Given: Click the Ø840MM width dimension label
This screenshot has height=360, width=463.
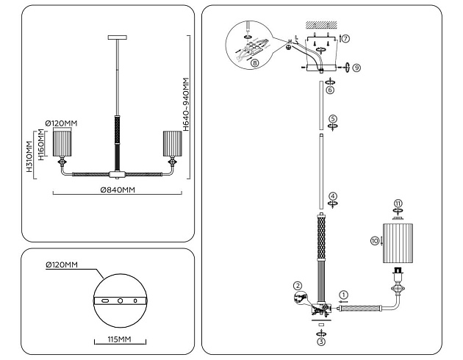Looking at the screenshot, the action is [x=118, y=190].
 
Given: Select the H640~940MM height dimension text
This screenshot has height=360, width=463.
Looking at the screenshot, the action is [x=186, y=104].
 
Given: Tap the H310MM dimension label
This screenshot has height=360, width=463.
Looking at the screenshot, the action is [x=29, y=156].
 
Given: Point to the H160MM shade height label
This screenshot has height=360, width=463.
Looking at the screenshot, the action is [x=40, y=145].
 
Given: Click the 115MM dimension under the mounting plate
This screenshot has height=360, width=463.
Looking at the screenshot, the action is [x=119, y=339].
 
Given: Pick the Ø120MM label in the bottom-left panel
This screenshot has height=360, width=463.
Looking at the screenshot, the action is [x=62, y=264].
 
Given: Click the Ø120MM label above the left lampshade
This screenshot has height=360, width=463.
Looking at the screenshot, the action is [x=62, y=123].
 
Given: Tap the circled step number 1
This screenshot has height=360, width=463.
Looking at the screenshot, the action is [x=343, y=295].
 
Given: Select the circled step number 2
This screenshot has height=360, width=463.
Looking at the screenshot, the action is [x=298, y=286].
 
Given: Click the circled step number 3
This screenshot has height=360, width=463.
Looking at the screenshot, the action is [x=321, y=342].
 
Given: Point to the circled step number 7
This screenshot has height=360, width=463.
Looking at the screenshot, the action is [x=346, y=38].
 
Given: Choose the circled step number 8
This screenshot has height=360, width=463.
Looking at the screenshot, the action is [x=255, y=62].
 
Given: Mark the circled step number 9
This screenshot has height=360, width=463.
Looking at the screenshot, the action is [x=356, y=68].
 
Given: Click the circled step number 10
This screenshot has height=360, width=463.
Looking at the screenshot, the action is [x=374, y=241].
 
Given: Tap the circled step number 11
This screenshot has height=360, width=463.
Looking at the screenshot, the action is [x=398, y=204].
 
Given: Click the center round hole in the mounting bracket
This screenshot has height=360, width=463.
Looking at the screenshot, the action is [x=121, y=300].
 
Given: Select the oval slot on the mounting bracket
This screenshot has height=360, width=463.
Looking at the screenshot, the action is [x=105, y=300].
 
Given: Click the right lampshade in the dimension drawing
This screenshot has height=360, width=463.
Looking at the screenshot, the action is [x=173, y=144].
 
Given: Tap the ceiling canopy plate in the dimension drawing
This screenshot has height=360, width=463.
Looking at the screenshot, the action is [x=118, y=37].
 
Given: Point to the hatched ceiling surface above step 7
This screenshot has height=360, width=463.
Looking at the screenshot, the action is [x=321, y=24].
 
